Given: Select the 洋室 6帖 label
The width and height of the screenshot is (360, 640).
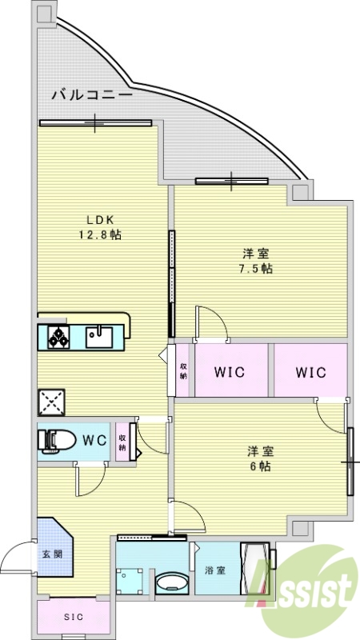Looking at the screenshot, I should [258, 458].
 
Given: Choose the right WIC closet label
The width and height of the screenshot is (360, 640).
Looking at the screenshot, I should [310, 372].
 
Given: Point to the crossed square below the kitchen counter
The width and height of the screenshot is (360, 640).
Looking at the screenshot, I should [51, 402].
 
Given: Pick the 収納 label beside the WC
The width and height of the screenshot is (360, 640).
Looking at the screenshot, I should [123, 442].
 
